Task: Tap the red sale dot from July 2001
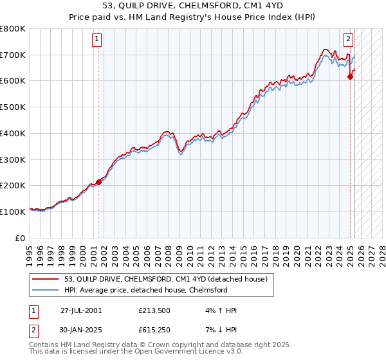[99, 181]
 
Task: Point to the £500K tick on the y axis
[14, 107]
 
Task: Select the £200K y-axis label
[14, 185]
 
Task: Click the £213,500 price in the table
[153, 310]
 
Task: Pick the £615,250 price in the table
[153, 331]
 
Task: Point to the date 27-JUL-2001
[81, 310]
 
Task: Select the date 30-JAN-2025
[81, 331]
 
